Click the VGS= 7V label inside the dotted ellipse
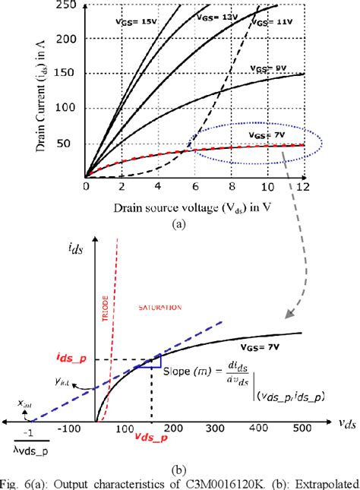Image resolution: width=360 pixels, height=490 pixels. (x=267, y=134)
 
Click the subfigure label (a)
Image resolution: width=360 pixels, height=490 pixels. (x=179, y=223)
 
